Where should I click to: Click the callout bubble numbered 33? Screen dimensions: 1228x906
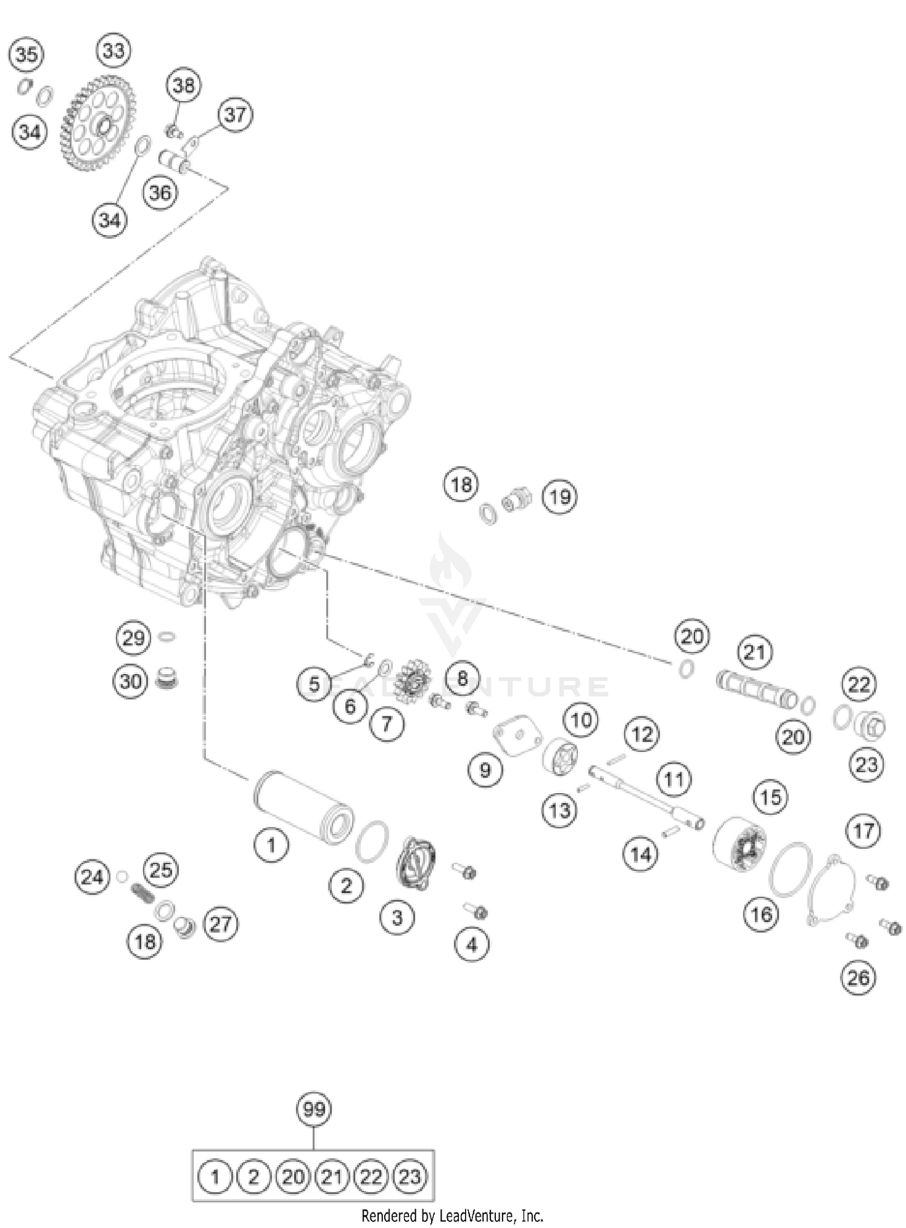[x=114, y=51]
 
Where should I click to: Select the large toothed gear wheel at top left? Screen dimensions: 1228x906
[x=98, y=124]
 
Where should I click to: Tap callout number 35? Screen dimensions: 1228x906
[x=26, y=55]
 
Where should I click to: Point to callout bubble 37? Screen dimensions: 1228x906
[x=236, y=114]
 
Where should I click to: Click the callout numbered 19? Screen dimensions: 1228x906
[x=559, y=497]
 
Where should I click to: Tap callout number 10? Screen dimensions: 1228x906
[x=581, y=719]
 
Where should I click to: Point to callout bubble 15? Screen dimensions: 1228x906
[x=771, y=797]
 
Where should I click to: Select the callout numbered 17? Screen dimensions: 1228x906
[x=863, y=831]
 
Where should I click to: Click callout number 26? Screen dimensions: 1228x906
[x=858, y=977]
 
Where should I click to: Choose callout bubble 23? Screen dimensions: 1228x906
[x=866, y=765]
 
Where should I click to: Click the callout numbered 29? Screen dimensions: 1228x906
[x=133, y=638]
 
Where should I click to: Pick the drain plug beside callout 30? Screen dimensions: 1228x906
[x=161, y=681]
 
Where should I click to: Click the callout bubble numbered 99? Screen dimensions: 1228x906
[x=314, y=1109]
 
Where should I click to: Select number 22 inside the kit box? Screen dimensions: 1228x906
[x=371, y=1177]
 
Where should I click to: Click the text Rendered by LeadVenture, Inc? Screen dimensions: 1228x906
[x=452, y=1215]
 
